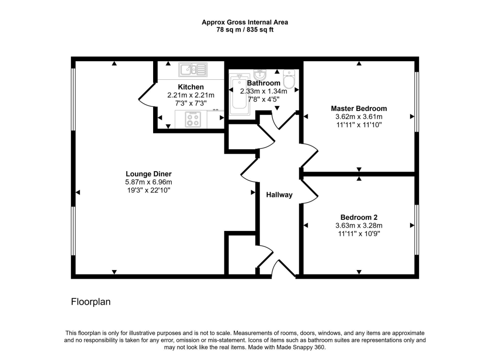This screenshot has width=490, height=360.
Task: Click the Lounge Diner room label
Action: pyautogui.click(x=148, y=174)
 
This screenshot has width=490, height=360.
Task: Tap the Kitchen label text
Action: pyautogui.click(x=191, y=87)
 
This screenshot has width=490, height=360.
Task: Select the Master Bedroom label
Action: pyautogui.click(x=358, y=109)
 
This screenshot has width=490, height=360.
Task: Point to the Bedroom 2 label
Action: pyautogui.click(x=358, y=217)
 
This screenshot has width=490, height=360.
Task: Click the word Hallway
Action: pyautogui.click(x=279, y=195)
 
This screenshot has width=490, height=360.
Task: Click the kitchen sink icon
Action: pyautogui.click(x=192, y=70)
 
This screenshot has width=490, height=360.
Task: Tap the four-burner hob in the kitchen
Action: pyautogui.click(x=193, y=119)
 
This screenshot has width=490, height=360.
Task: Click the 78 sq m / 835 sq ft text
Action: pyautogui.click(x=245, y=30)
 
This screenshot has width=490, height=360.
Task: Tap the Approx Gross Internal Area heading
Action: pyautogui.click(x=245, y=22)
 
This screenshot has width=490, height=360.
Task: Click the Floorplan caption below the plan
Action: pyautogui.click(x=91, y=302)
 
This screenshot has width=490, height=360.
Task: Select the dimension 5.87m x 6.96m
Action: pyautogui.click(x=148, y=182)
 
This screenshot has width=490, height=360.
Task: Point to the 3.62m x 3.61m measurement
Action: pyautogui.click(x=358, y=117)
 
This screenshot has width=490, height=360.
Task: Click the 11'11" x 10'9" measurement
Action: pyautogui.click(x=358, y=234)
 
